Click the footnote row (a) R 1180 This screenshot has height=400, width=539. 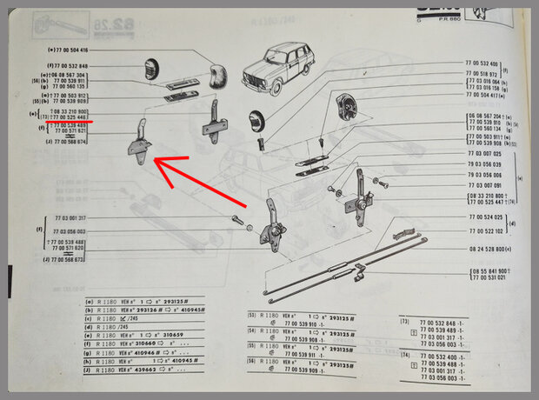click(148, 301)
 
